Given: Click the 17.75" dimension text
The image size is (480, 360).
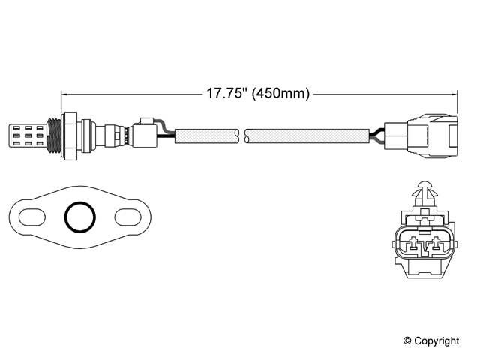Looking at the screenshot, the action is pyautogui.click(x=226, y=93).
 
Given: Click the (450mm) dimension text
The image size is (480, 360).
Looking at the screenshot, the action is pyautogui.click(x=280, y=93).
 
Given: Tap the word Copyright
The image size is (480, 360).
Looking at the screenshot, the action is pyautogui.click(x=436, y=340).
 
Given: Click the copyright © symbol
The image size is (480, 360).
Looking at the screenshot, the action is pyautogui.click(x=407, y=340).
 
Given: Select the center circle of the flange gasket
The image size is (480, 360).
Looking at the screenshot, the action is pyautogui.click(x=80, y=203).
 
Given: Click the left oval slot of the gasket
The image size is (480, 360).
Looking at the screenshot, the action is pyautogui.click(x=32, y=217).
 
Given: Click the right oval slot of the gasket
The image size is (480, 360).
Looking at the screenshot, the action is pyautogui.click(x=128, y=217).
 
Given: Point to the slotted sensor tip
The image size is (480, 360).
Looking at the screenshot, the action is pyautogui.click(x=27, y=136).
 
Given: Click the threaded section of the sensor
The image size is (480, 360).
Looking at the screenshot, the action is pyautogui.click(x=54, y=136).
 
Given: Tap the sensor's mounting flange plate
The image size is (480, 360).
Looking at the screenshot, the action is pyautogui.click(x=69, y=136).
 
